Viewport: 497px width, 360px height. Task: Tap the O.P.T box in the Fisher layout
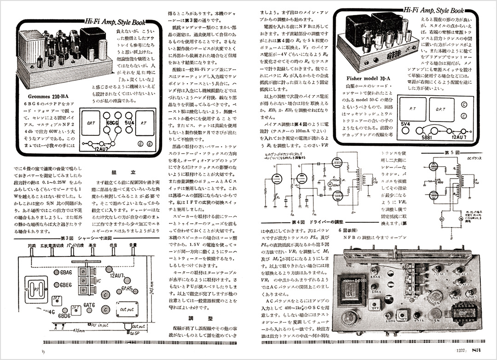pyautogui.click(x=439, y=109)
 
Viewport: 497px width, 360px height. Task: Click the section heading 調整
pyautogui.click(x=193, y=318)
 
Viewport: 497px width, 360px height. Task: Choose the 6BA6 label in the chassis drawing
pyautogui.click(x=67, y=273)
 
